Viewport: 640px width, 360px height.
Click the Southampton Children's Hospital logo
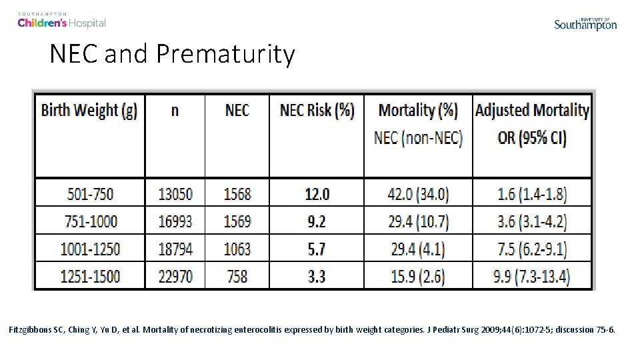[x=62, y=20]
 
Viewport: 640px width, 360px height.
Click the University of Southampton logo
[x=585, y=24]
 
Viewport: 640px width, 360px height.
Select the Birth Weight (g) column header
[x=89, y=110]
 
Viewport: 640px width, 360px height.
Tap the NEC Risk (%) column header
[x=317, y=110]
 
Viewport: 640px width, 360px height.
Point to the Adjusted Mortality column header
[x=532, y=110]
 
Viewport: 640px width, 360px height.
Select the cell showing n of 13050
[x=175, y=194]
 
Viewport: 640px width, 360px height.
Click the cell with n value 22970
[x=175, y=275]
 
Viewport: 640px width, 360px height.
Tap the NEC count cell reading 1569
[x=237, y=221]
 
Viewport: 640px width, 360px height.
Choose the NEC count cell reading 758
[x=237, y=275]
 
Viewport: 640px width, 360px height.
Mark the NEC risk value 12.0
[x=317, y=194]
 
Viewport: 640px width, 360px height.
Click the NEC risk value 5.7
[x=317, y=249]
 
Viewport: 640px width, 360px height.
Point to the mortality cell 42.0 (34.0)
[x=418, y=194]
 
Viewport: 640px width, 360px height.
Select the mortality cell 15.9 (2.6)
[x=418, y=275]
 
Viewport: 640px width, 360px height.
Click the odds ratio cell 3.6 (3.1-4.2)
[x=532, y=221]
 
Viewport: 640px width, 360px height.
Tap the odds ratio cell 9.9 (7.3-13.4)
[x=532, y=275]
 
